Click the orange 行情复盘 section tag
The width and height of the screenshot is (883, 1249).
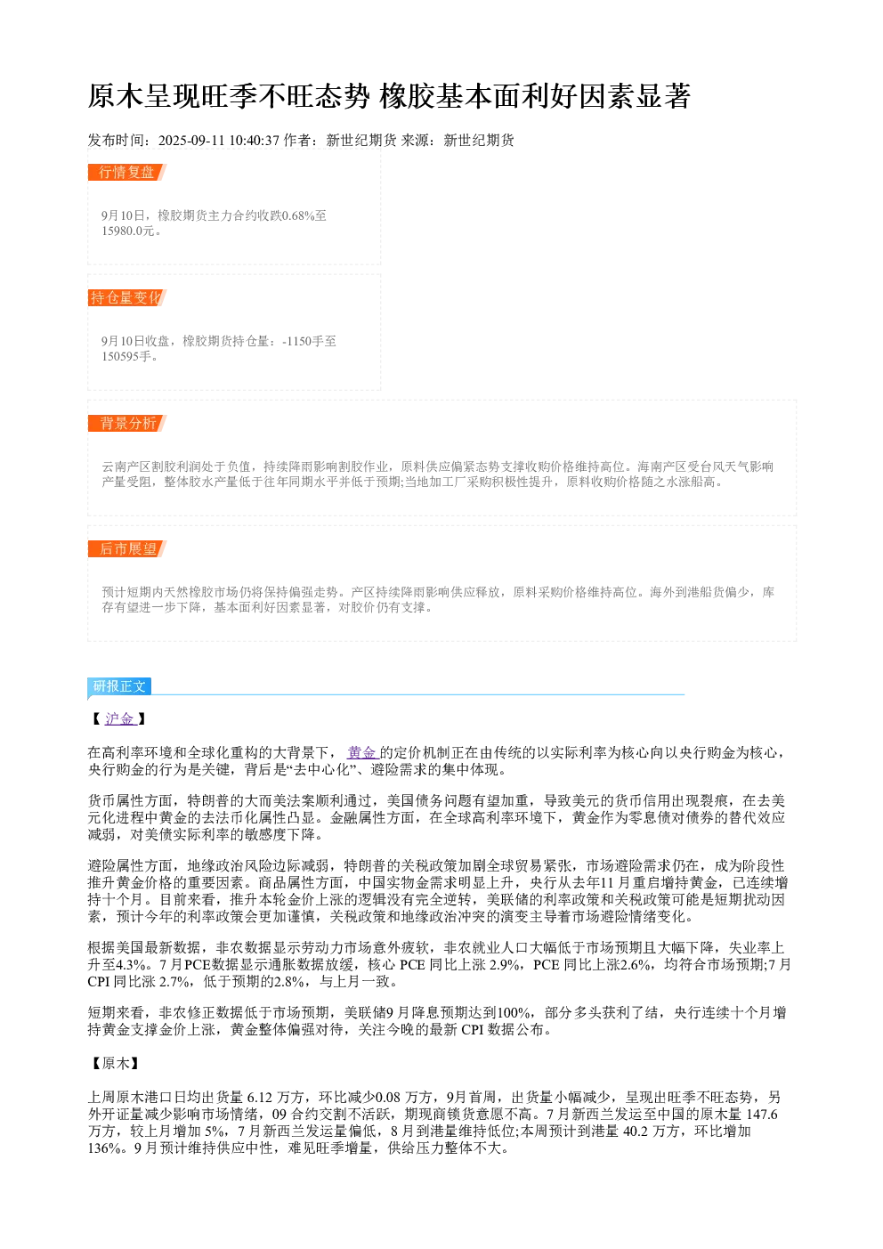[x=127, y=173]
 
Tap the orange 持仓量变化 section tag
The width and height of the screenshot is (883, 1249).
[x=127, y=297]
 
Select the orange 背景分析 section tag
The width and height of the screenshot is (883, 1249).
[x=127, y=423]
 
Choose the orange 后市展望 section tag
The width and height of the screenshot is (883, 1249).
[x=127, y=548]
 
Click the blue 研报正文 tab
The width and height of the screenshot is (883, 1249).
[x=119, y=686]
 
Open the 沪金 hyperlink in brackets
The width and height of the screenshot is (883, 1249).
[x=120, y=719]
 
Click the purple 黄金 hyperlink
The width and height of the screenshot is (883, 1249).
[x=363, y=753]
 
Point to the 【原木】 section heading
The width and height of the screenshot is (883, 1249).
[x=116, y=1063]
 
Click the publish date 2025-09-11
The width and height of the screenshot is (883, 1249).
[x=191, y=141]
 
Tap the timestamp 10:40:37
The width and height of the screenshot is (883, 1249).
[x=255, y=141]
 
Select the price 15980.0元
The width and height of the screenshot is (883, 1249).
[x=128, y=231]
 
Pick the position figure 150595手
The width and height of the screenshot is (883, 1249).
[x=126, y=356]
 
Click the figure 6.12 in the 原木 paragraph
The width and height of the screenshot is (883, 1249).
[x=259, y=1098]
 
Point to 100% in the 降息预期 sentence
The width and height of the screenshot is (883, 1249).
[x=514, y=1012]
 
